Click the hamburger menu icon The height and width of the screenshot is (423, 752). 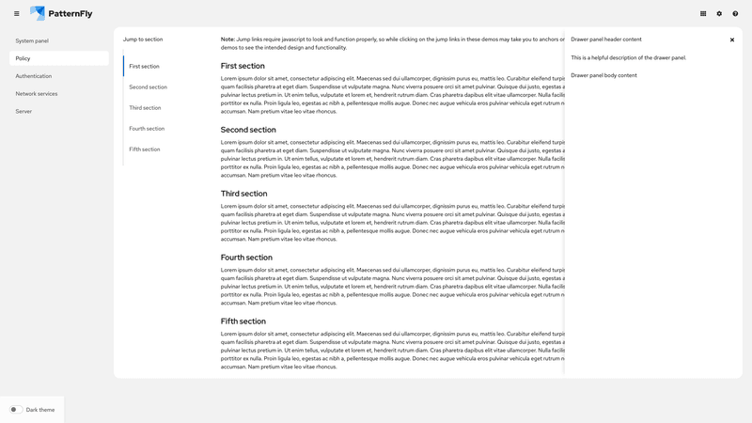click(16, 13)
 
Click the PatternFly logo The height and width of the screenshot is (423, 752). click(61, 13)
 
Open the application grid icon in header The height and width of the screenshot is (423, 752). click(703, 13)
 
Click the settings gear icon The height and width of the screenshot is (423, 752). click(719, 13)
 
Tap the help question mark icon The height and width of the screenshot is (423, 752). click(735, 13)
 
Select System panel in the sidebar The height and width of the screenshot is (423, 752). click(32, 41)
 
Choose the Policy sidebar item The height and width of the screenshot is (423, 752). click(23, 58)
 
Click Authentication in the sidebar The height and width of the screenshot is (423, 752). click(34, 76)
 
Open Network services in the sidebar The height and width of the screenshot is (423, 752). click(37, 94)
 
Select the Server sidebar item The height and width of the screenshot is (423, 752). click(23, 111)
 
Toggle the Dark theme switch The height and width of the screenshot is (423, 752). click(16, 410)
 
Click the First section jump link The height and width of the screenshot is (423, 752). click(145, 67)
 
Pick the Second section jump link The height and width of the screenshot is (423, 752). click(149, 87)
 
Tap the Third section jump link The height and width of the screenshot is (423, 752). click(145, 108)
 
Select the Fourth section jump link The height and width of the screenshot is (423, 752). click(147, 129)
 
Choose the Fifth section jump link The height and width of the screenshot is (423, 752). click(145, 149)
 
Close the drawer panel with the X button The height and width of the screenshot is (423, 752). click(732, 40)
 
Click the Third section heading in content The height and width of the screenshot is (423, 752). click(244, 194)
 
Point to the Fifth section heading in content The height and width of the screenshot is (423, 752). click(243, 321)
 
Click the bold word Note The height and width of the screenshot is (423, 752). click(227, 39)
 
